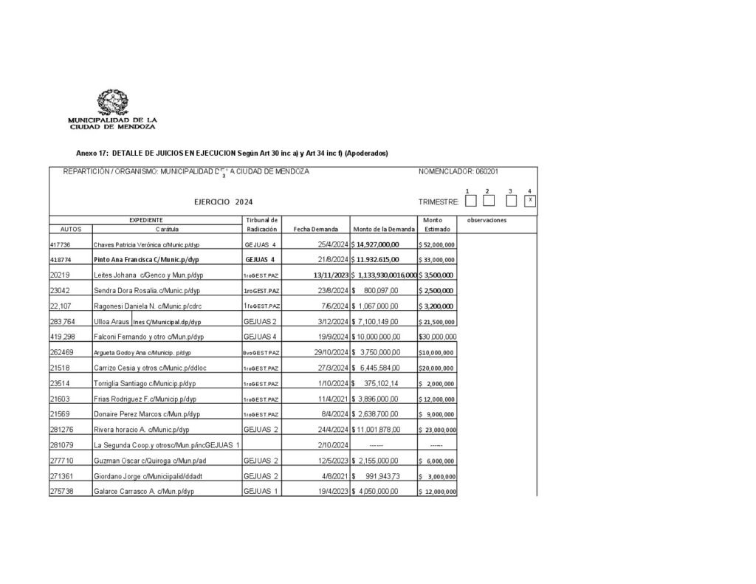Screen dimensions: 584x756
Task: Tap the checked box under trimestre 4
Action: pos(530,201)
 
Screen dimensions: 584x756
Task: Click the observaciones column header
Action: pos(487,220)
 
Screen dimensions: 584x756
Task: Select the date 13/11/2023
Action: pos(330,275)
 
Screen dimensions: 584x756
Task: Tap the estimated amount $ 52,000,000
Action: pos(436,244)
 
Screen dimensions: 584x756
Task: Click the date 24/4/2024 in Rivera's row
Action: pos(332,429)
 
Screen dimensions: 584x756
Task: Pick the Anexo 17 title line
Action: pos(232,154)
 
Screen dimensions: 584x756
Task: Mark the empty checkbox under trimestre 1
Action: pos(470,201)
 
